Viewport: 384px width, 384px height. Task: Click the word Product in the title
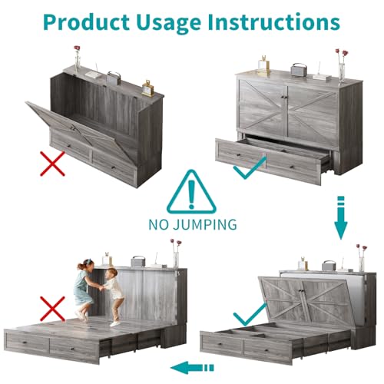86,22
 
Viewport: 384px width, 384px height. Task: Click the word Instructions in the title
274,22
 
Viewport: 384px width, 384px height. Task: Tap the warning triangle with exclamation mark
191,191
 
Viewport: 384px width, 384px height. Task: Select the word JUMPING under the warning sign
205,224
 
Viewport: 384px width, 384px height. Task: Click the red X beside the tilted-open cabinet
52,164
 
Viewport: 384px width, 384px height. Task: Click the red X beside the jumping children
52,309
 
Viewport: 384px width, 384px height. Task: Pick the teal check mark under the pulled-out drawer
250,167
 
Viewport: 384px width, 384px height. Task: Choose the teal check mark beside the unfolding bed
250,313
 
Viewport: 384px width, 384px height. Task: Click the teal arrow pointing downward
341,217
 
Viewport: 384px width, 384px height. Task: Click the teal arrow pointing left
192,368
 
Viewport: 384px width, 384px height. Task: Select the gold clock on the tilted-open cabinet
148,88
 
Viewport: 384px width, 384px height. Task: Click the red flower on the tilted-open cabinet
77,48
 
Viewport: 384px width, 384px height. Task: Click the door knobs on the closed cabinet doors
284,98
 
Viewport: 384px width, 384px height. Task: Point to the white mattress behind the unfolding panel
351,290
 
